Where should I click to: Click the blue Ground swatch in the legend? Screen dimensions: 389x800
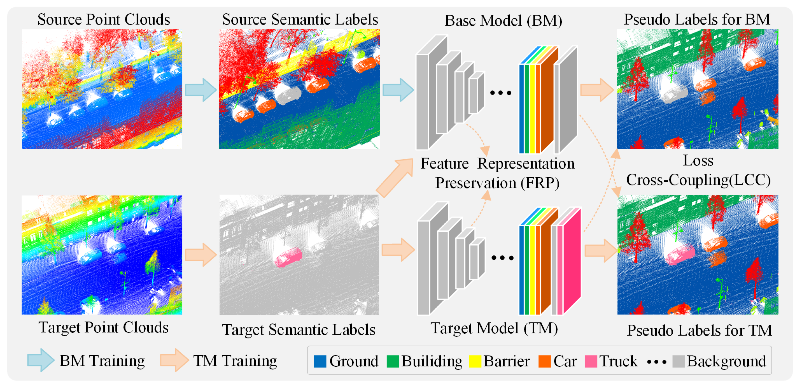coord(320,361)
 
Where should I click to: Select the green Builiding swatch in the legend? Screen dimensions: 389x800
coord(392,361)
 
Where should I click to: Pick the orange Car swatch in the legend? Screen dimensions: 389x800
coord(544,361)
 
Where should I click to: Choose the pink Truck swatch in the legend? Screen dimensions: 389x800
coord(591,361)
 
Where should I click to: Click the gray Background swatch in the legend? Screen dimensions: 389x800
coord(678,361)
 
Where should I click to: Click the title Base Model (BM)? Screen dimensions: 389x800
coord(503,21)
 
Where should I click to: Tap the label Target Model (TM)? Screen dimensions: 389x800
coord(494,328)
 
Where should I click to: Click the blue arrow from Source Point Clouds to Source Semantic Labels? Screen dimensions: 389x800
coord(201,90)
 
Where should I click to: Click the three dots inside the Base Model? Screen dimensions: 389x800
coord(500,93)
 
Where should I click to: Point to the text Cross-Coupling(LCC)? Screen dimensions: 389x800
coord(698,180)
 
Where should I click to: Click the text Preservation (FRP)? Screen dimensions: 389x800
coord(497,183)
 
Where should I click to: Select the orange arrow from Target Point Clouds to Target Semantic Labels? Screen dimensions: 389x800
coord(201,255)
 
